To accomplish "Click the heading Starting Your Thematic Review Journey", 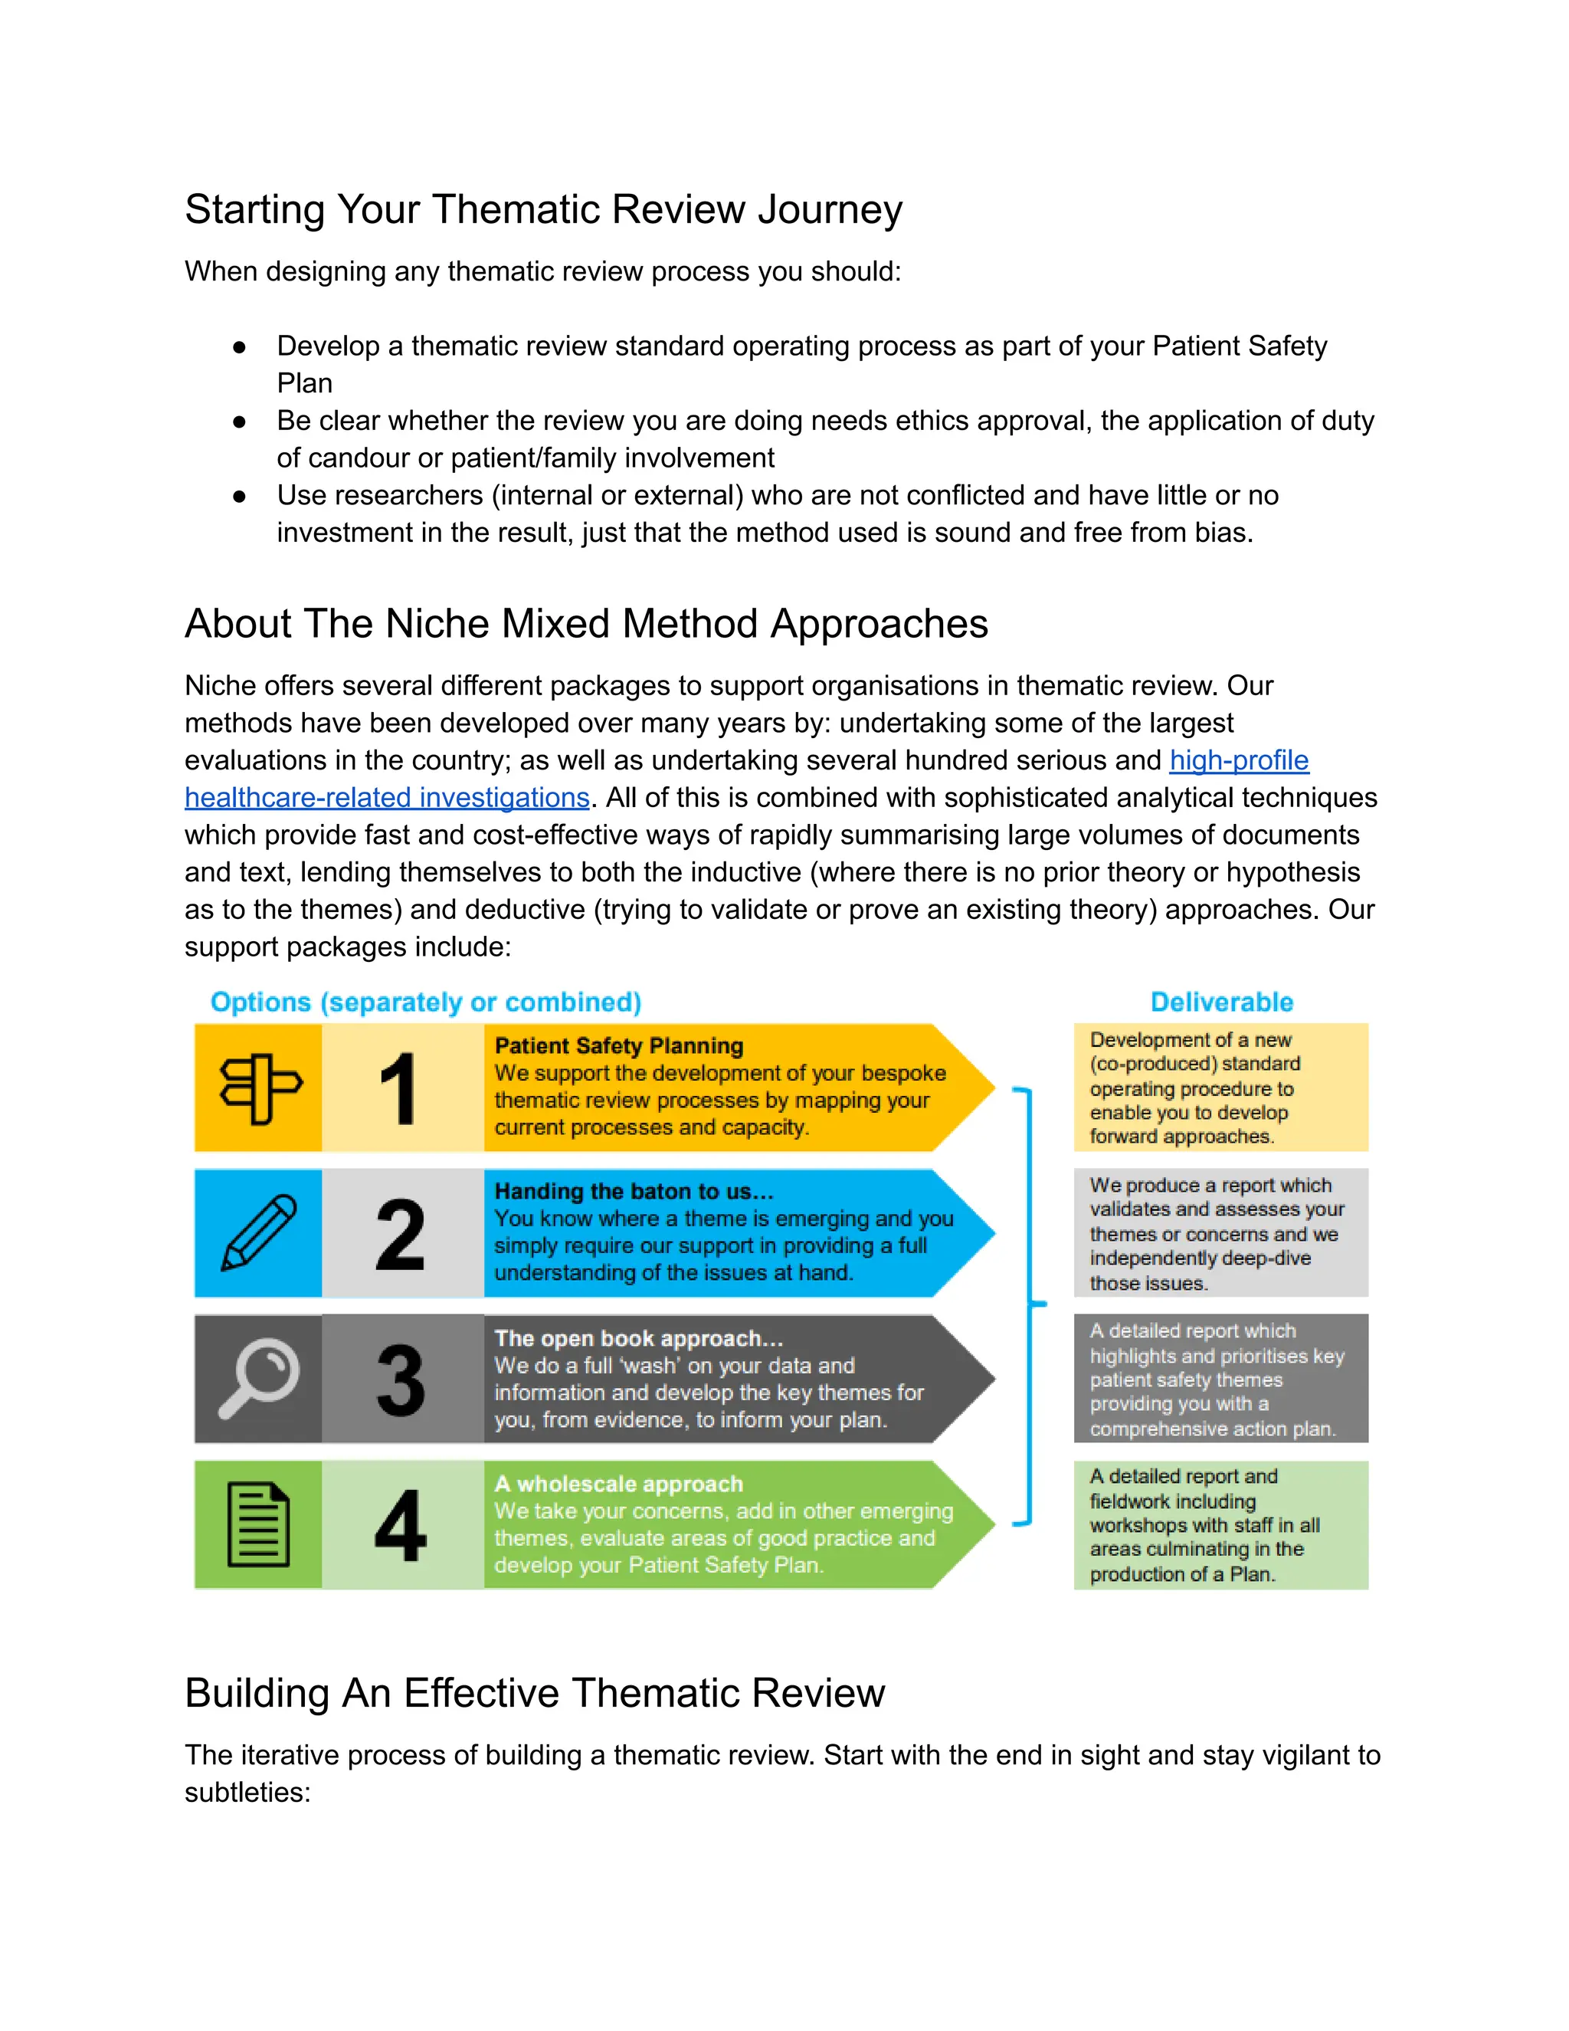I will pos(543,210).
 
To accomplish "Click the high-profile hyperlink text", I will pos(1238,761).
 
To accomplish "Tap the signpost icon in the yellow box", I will pos(260,1088).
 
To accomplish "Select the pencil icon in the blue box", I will pos(258,1233).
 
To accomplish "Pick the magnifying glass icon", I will pos(258,1378).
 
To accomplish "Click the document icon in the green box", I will pos(258,1525).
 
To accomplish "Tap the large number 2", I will pos(400,1234).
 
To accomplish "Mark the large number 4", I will pos(400,1526).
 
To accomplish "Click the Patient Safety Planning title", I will pos(619,1046).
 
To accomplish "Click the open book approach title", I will pos(639,1338).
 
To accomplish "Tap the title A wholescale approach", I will pos(619,1485).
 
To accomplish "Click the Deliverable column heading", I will pos(1221,1002).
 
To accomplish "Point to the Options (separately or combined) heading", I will pos(426,1002).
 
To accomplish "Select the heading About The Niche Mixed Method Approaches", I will pos(585,624).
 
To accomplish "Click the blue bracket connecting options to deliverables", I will pos(1029,1304).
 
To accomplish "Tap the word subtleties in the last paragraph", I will pos(247,1793).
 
